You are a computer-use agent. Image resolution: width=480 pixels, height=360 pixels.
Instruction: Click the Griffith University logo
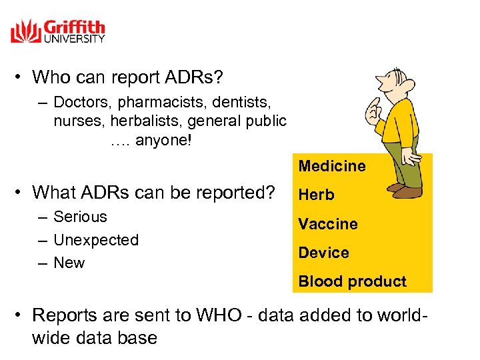(x=58, y=31)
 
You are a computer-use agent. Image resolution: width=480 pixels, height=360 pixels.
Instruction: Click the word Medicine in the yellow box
(x=331, y=166)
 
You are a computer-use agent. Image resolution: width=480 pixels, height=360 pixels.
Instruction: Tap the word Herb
(x=316, y=195)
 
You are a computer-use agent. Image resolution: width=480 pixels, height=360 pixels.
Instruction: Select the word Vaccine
(x=327, y=224)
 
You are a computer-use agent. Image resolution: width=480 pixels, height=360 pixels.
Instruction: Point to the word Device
(x=323, y=253)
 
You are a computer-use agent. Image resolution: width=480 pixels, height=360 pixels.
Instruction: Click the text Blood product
(x=352, y=281)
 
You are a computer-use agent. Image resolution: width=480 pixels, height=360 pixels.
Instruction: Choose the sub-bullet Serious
(x=80, y=217)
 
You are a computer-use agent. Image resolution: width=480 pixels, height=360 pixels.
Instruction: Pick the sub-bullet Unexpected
(x=95, y=240)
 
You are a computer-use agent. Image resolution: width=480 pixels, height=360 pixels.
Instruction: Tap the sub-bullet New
(x=69, y=263)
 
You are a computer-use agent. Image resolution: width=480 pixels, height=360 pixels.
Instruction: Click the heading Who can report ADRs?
(x=127, y=77)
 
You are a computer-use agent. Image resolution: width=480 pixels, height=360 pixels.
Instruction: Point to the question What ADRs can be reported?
(x=153, y=193)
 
